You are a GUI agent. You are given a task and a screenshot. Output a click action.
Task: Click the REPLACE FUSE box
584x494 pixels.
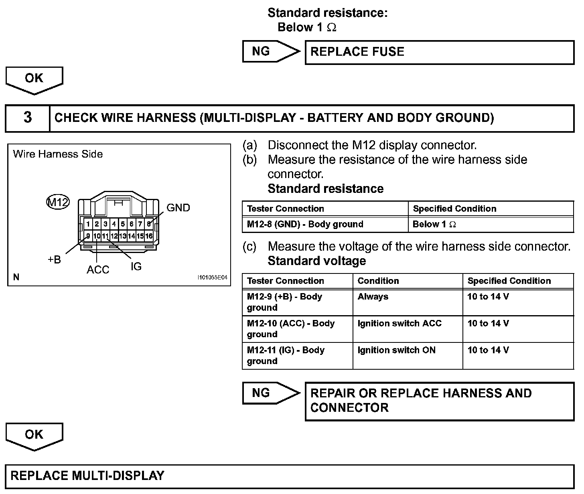point(439,52)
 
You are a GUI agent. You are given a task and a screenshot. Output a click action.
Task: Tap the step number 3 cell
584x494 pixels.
point(27,118)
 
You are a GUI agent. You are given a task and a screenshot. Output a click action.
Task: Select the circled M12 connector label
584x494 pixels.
point(58,202)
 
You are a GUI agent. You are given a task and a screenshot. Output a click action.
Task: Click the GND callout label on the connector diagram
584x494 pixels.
point(178,208)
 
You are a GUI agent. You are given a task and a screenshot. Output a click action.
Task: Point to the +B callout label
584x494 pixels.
point(54,260)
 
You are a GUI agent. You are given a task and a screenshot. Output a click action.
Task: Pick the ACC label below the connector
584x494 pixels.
point(98,270)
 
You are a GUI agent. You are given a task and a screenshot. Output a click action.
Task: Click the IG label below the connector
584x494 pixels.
point(136,267)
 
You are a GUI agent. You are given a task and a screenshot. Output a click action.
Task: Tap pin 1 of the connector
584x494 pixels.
point(88,224)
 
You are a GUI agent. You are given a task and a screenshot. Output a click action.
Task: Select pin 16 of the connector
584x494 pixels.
point(149,236)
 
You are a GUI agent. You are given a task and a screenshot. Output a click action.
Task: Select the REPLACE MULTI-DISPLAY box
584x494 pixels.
point(290,476)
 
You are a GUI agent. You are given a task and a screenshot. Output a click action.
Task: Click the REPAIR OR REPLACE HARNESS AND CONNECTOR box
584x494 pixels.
point(439,401)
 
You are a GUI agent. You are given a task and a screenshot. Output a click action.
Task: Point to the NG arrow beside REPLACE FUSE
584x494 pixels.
point(271,52)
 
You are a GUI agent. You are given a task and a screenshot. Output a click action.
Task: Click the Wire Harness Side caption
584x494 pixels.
point(58,154)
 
